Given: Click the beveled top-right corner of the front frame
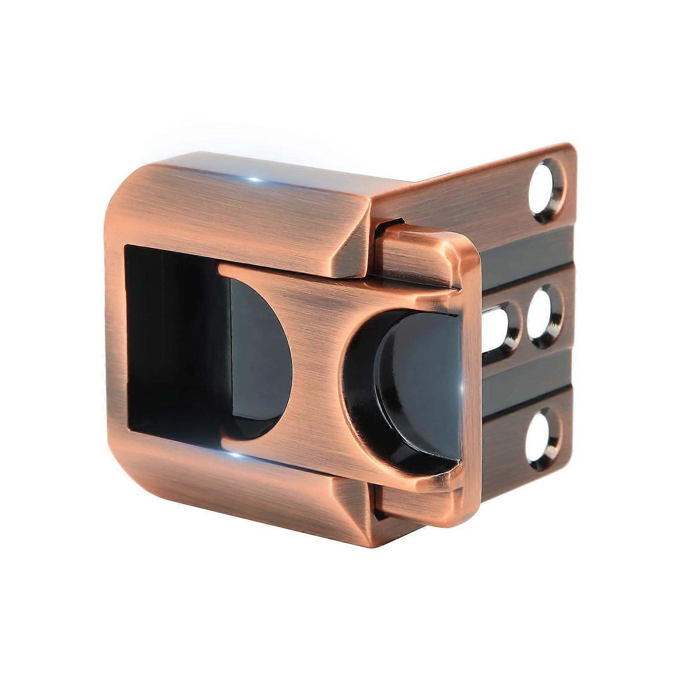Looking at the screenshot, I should click(353, 241).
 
